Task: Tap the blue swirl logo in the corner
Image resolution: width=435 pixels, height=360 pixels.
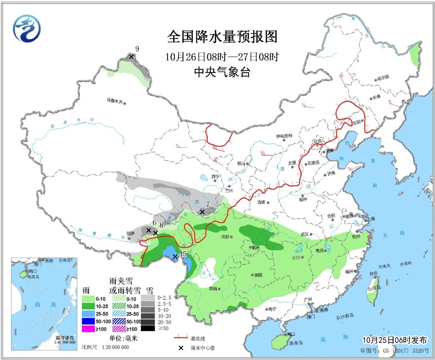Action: pyautogui.click(x=27, y=28)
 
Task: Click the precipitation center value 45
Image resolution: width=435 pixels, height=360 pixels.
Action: pyautogui.click(x=183, y=254)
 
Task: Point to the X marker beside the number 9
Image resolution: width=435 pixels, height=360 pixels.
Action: pyautogui.click(x=131, y=57)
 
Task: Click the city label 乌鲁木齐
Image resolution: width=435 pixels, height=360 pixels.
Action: pyautogui.click(x=115, y=101)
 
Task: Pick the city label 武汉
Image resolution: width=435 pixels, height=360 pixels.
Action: pyautogui.click(x=303, y=234)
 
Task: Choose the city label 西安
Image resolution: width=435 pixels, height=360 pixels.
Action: pyautogui.click(x=262, y=202)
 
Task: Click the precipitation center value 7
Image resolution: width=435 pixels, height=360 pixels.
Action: pyautogui.click(x=208, y=204)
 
